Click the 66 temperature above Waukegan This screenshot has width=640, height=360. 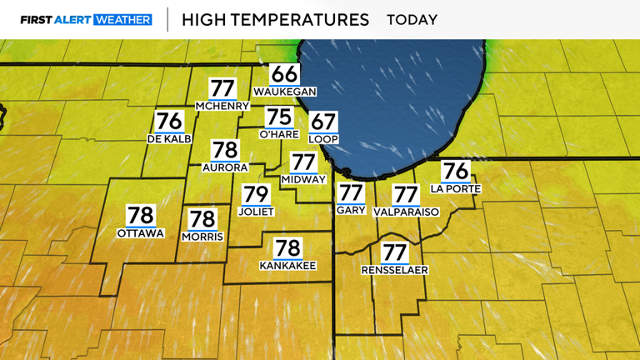pos(284,73)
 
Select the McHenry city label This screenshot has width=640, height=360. pos(222,106)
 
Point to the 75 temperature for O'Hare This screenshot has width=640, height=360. pos(279,117)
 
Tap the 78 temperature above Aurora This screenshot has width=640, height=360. pos(225,150)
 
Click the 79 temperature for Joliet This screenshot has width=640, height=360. pos(257,196)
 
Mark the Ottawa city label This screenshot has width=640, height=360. pos(140,232)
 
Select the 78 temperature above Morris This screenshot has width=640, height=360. pos(202,220)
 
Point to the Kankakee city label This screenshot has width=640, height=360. pos(287,265)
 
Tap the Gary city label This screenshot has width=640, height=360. pos(351,211)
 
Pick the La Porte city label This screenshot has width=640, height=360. pos(456,188)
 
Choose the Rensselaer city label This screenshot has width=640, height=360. pos(394,270)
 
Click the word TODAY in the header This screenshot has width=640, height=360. pos(412,19)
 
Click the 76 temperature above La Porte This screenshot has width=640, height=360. pos(456,171)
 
